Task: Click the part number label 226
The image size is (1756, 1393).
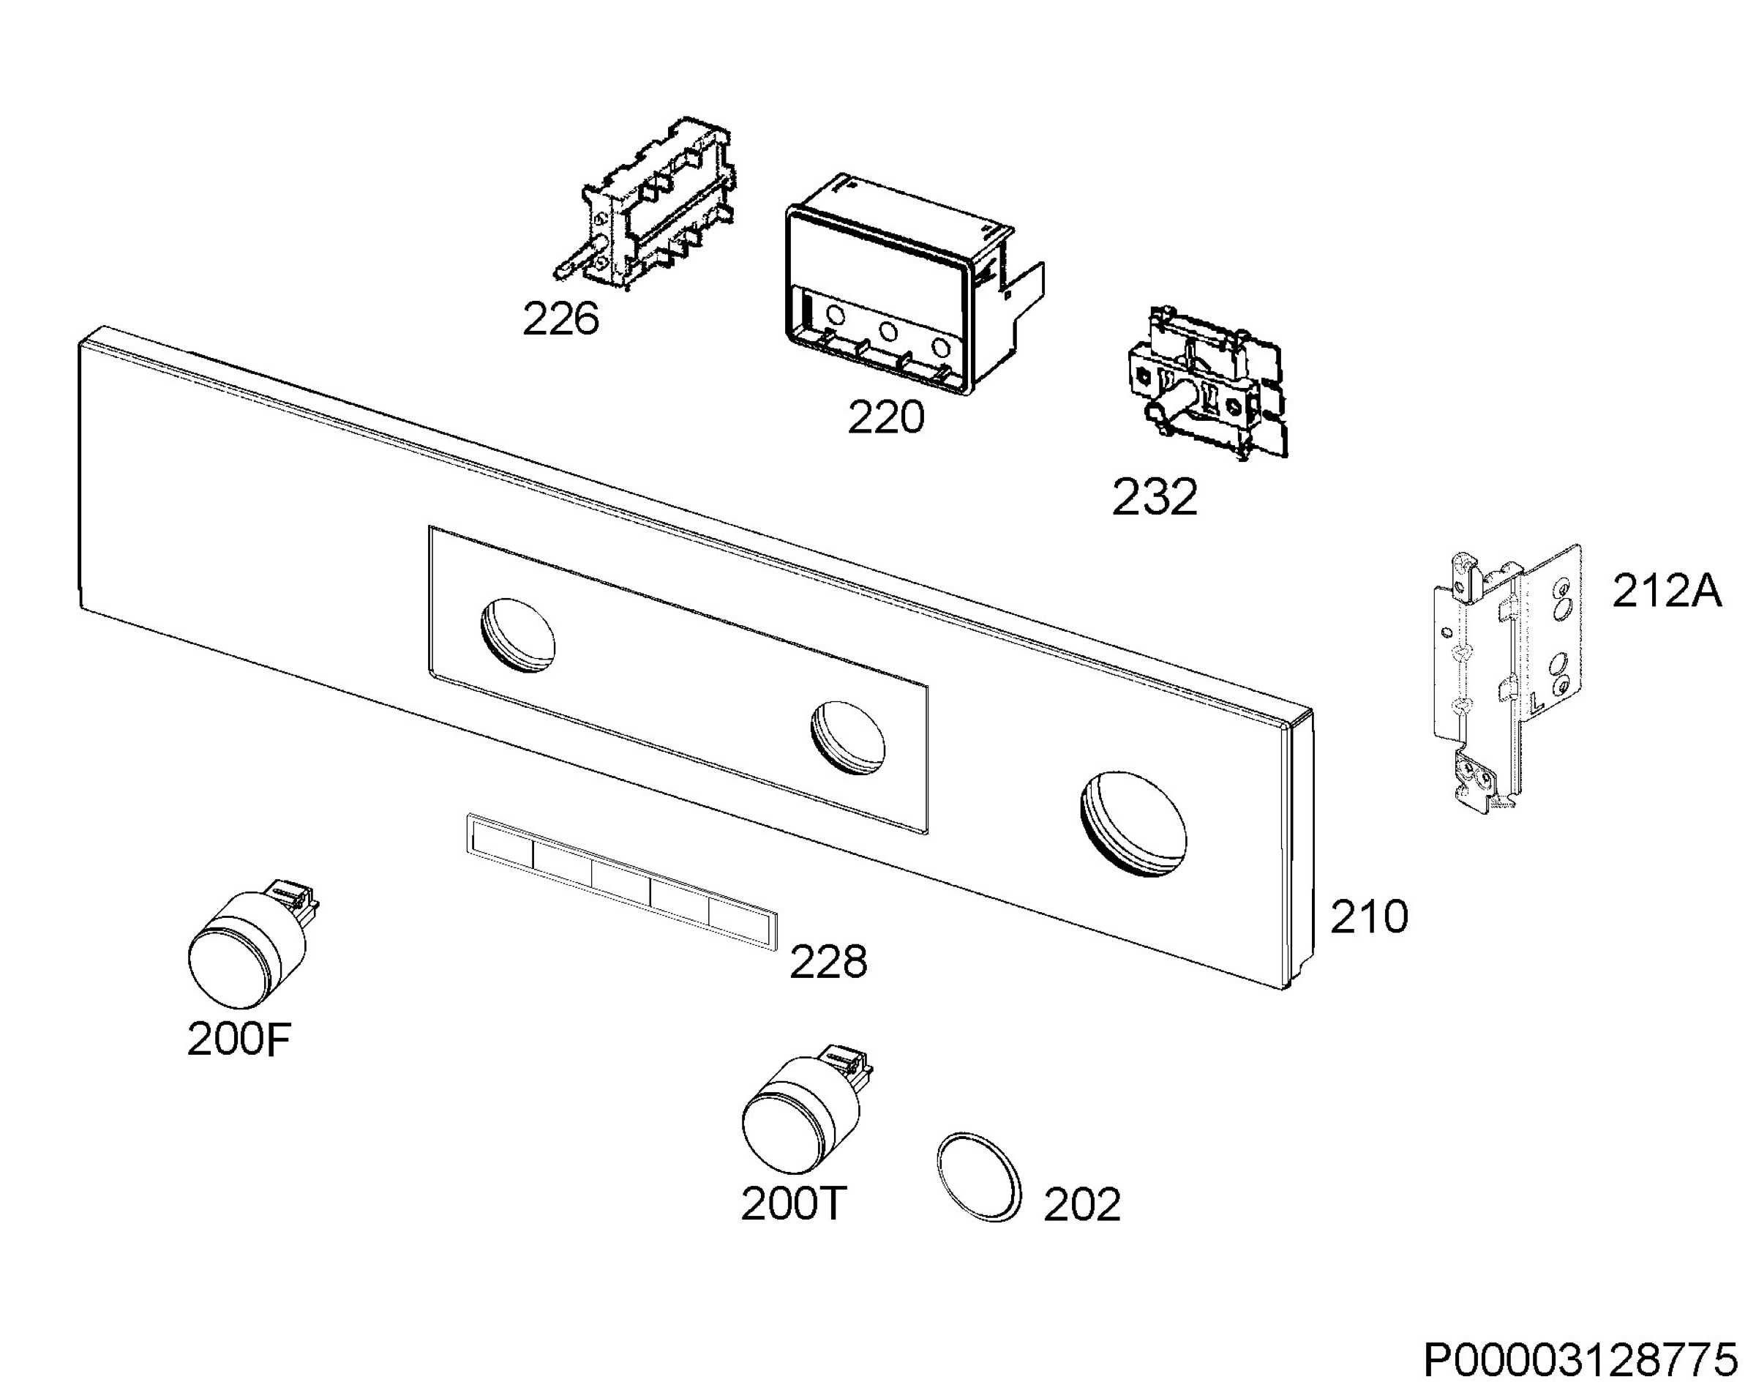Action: tap(560, 318)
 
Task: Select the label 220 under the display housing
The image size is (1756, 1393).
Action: tap(886, 418)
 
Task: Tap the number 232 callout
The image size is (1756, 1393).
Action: tap(1155, 497)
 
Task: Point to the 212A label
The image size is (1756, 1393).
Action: tap(1667, 591)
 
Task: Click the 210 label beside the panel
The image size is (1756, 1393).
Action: tap(1369, 916)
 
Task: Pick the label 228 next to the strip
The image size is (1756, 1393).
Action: tap(828, 962)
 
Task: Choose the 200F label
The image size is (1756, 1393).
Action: tap(239, 1039)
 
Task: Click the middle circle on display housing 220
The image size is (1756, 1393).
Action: tap(888, 332)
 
